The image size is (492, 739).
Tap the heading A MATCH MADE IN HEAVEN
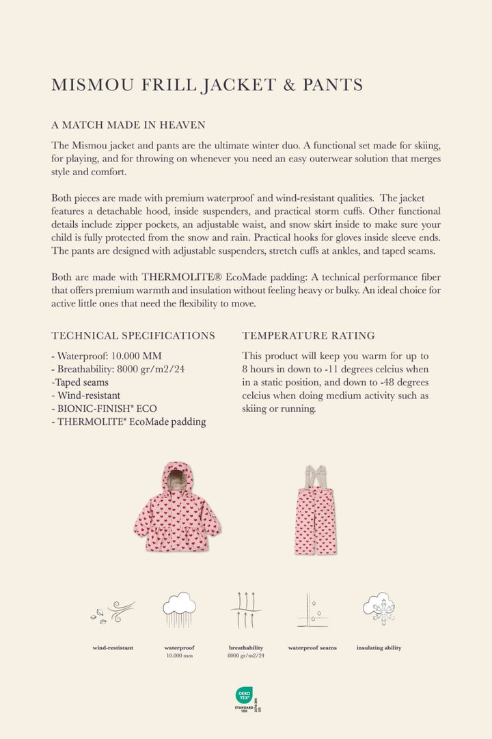click(128, 125)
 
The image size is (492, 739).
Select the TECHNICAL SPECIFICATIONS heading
click(133, 335)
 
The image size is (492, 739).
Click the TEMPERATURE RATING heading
click(308, 335)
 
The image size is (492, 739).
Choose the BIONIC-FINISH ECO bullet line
click(104, 409)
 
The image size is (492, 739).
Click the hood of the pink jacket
click(177, 476)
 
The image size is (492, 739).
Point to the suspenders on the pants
click(316, 477)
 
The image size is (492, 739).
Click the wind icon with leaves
click(113, 611)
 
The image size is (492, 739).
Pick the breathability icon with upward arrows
click(246, 609)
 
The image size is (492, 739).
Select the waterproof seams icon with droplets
click(312, 609)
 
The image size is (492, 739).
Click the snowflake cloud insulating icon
click(379, 608)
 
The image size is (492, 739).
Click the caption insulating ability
click(379, 647)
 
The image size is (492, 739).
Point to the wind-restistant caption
click(113, 647)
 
